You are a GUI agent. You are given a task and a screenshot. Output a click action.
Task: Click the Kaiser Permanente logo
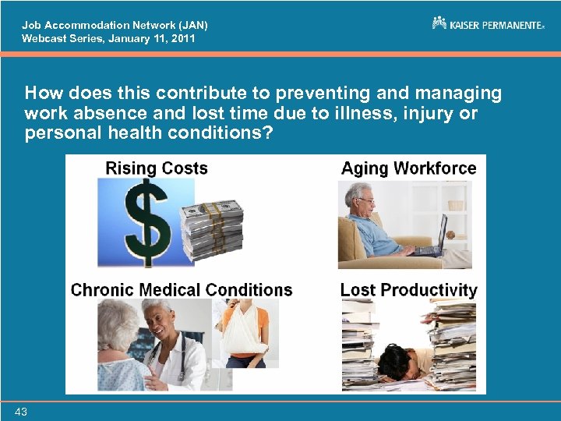(x=488, y=24)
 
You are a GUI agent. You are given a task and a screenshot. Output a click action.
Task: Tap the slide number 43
(x=20, y=411)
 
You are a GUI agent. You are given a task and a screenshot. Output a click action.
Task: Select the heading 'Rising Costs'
(x=156, y=168)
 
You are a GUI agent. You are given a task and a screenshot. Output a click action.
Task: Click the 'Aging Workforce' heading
(x=408, y=168)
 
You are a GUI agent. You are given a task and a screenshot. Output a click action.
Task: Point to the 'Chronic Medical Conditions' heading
(x=182, y=290)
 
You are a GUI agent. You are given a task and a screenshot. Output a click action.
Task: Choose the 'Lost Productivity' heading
(x=408, y=290)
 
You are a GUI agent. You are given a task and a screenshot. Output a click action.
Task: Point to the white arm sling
(x=243, y=332)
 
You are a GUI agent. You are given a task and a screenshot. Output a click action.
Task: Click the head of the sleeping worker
(x=398, y=360)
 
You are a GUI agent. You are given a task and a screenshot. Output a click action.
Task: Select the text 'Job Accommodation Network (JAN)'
(x=115, y=25)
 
